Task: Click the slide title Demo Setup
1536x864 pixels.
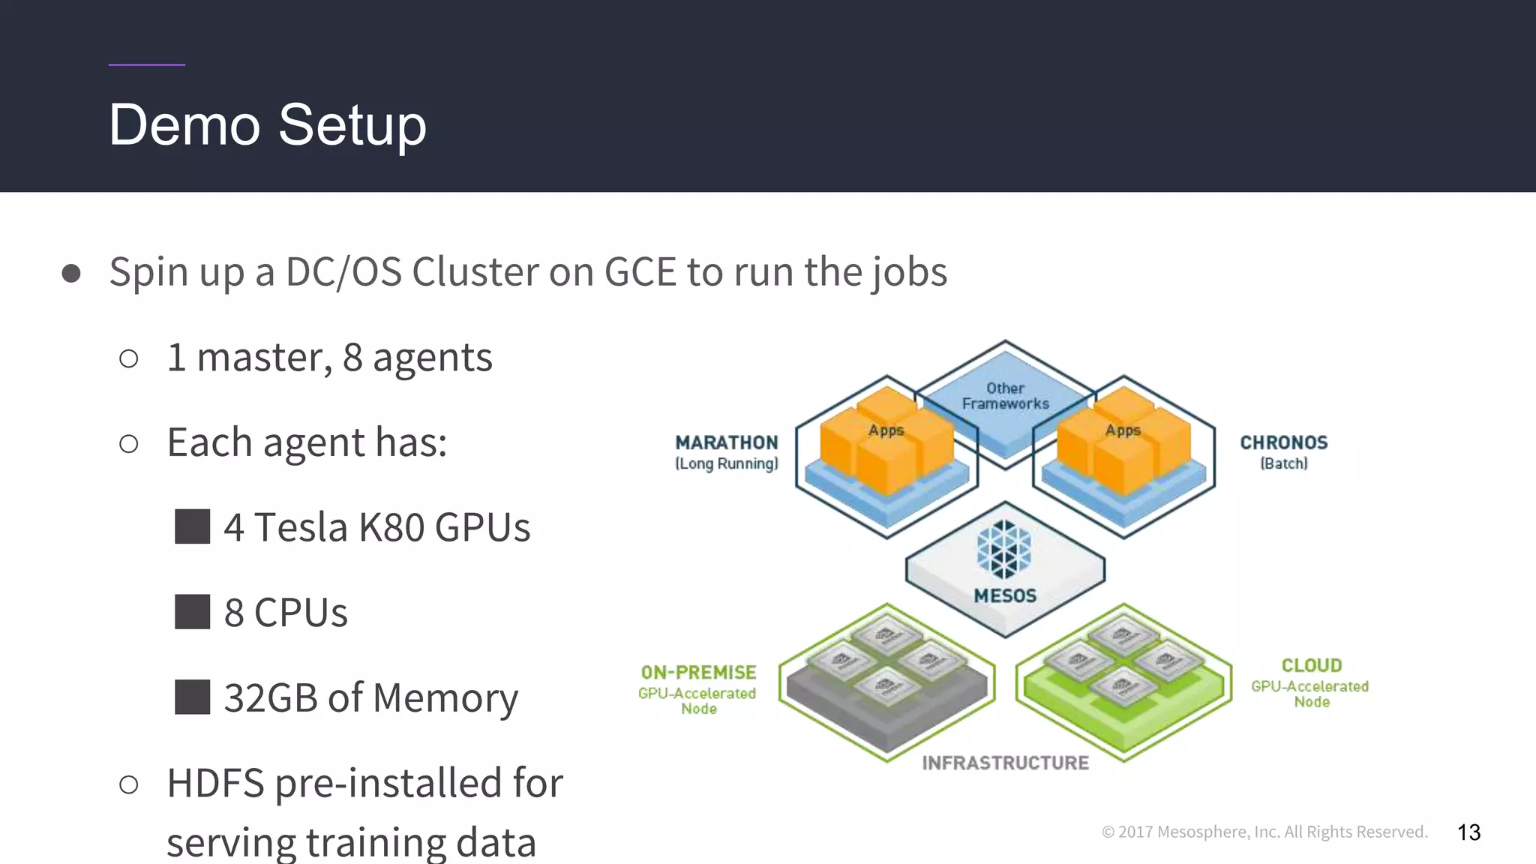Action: pos(267,125)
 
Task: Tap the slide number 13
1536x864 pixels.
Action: pos(1468,832)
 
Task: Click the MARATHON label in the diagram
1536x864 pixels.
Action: pos(726,442)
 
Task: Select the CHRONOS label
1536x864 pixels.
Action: pos(1283,442)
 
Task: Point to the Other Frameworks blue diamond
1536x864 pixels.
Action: pos(1005,396)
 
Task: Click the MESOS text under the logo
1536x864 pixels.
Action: pos(1005,596)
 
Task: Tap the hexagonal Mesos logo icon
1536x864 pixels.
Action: pos(1004,549)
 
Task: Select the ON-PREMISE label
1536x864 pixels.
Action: pos(698,673)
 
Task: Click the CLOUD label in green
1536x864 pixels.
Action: pos(1311,666)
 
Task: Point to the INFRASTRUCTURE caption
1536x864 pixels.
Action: pos(1005,763)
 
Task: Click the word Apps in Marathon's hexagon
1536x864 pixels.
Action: pos(886,430)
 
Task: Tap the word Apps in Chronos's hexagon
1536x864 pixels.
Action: pos(1123,430)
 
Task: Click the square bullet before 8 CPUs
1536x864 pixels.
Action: pos(192,612)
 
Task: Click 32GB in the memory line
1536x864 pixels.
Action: pos(271,697)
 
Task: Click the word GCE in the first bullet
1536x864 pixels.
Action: pos(640,271)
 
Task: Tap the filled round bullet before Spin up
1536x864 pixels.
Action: pos(71,273)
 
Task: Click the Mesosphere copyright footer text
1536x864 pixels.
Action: pos(1264,832)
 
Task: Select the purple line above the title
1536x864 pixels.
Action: pos(146,64)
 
